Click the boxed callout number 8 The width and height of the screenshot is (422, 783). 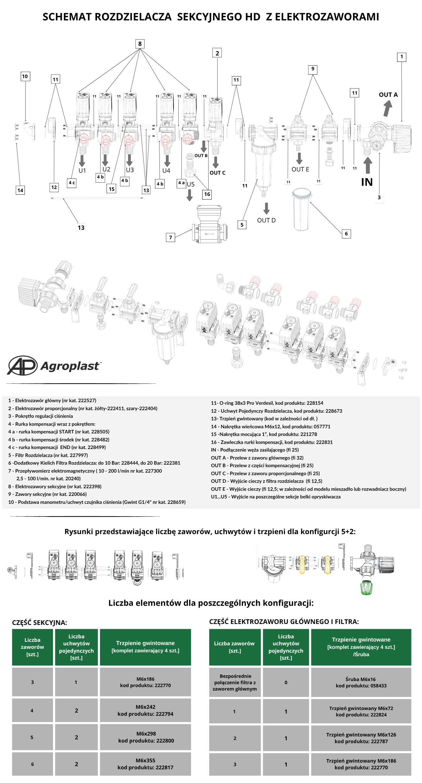click(140, 44)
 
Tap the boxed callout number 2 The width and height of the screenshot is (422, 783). click(217, 53)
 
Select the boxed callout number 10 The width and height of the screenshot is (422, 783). click(25, 76)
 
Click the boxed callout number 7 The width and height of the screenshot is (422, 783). click(170, 237)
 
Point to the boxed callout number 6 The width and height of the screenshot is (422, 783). click(346, 234)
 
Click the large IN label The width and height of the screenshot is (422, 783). click(367, 182)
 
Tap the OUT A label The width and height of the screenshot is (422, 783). click(388, 95)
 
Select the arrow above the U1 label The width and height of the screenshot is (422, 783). click(82, 161)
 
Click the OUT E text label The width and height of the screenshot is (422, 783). click(300, 169)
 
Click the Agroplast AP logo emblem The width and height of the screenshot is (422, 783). click(22, 366)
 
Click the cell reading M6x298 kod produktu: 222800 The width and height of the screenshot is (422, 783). click(146, 737)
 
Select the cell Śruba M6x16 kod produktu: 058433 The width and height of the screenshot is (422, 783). click(361, 682)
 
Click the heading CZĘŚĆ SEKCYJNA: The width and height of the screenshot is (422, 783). click(40, 622)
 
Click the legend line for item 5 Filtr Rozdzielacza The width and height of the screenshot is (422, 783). click(48, 455)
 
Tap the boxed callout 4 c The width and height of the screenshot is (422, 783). click(72, 183)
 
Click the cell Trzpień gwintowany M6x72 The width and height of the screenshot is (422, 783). click(361, 711)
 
